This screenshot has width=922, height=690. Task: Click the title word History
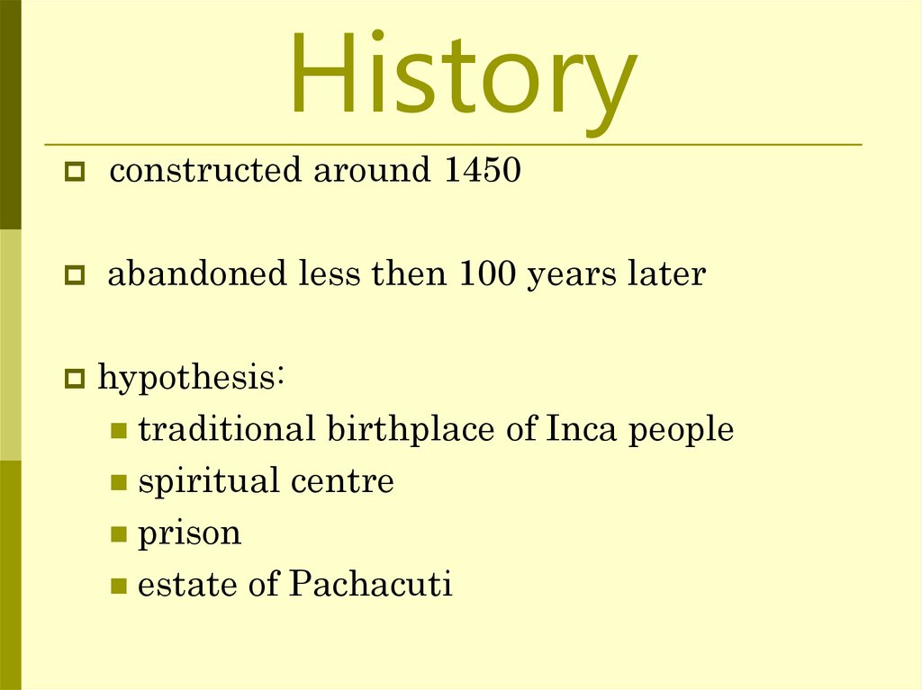pos(461,76)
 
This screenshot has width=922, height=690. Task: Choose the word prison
pos(189,533)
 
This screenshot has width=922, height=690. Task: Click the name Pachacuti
pos(370,586)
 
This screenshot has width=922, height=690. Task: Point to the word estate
pos(189,586)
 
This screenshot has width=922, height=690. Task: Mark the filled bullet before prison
pos(118,535)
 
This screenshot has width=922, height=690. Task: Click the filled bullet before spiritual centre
pos(118,483)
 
